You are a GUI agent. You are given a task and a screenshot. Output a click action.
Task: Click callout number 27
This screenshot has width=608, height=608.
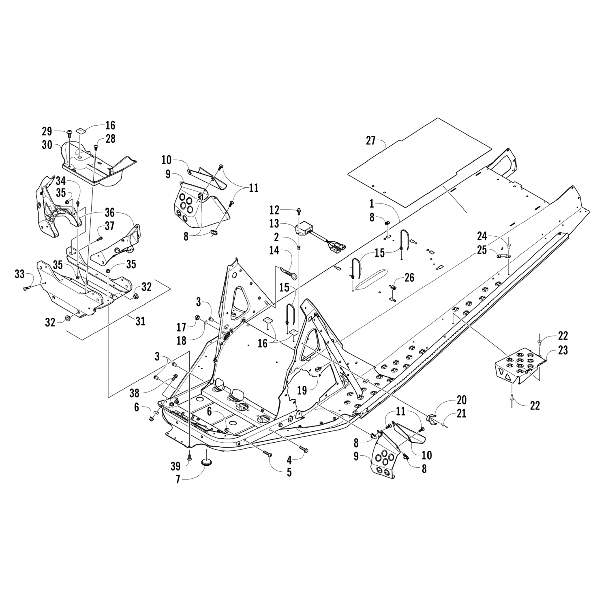[x=370, y=141]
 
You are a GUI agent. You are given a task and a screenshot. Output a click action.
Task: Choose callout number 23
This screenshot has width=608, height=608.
[x=563, y=350]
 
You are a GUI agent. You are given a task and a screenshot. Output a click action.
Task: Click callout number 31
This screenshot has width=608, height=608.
[x=140, y=321]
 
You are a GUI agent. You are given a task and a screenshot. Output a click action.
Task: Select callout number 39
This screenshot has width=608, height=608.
[x=175, y=467]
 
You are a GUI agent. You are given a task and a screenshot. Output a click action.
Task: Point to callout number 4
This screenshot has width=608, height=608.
[x=289, y=460]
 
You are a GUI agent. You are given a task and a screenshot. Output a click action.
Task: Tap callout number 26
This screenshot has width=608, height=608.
[x=409, y=278]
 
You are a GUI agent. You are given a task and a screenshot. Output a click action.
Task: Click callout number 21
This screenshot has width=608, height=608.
[x=461, y=413]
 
